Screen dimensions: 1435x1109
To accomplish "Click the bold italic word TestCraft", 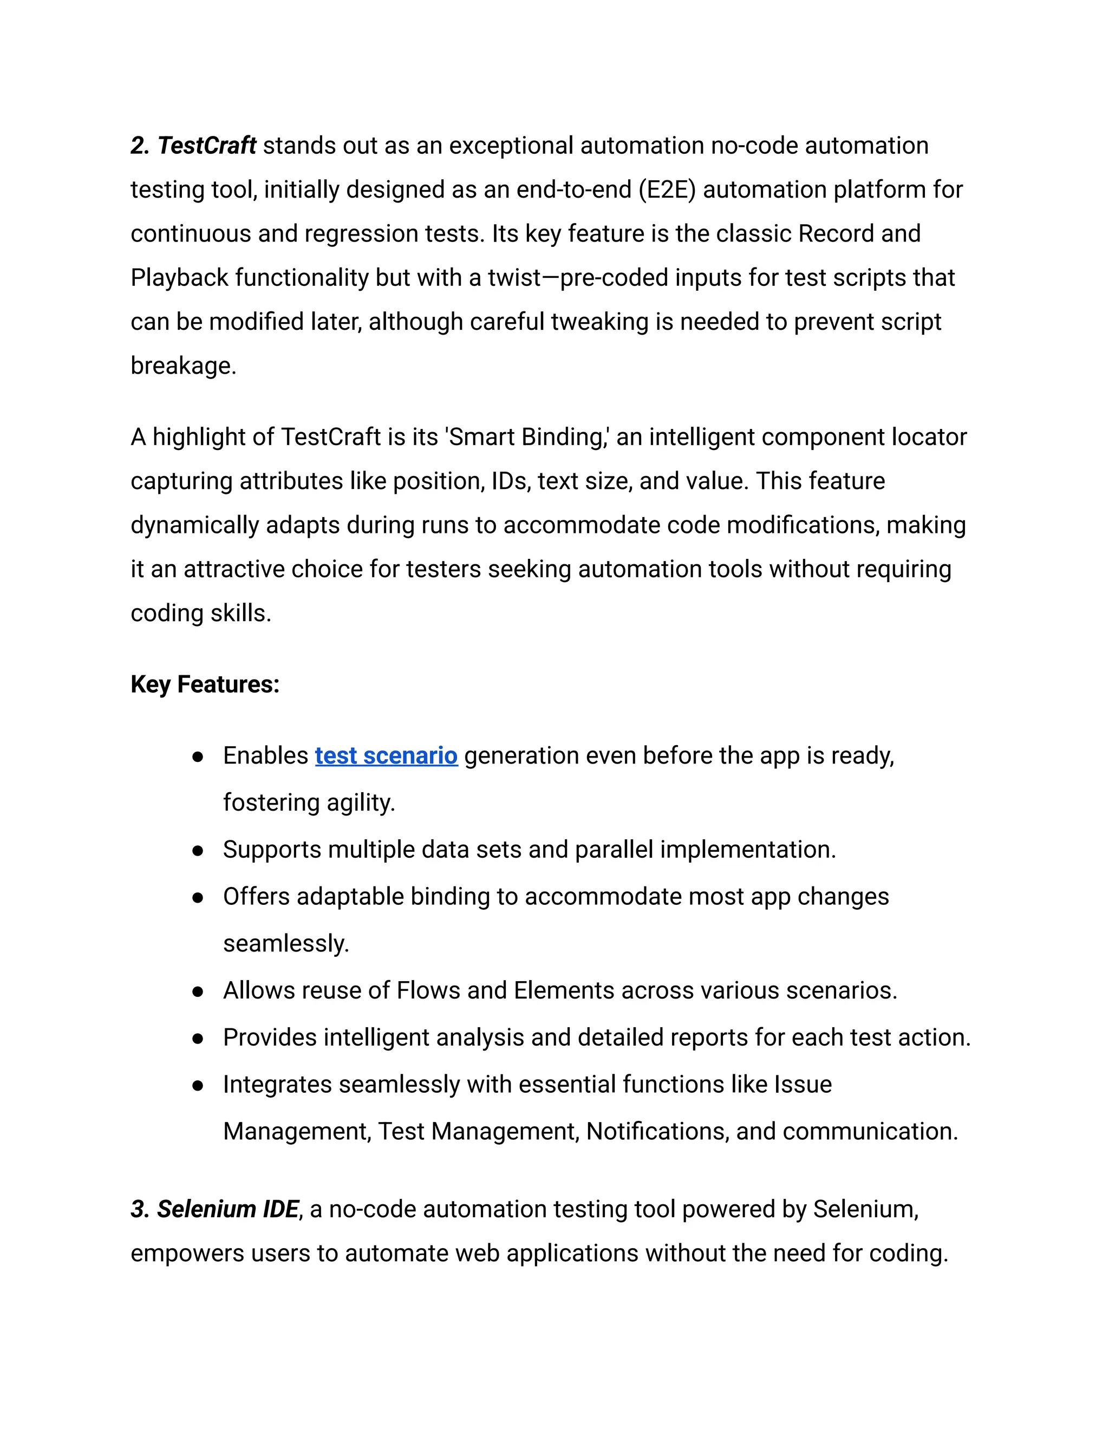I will (206, 146).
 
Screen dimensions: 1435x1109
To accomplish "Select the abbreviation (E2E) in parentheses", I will (667, 190).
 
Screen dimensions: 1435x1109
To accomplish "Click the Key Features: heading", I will (205, 684).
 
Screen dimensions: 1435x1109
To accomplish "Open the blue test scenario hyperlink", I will (386, 755).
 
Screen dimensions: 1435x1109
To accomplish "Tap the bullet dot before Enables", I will (197, 757).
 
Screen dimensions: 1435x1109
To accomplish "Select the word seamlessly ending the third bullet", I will (285, 943).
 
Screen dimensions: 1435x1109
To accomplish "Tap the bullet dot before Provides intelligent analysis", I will (197, 1039).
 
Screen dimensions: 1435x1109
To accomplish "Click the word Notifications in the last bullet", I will (657, 1131).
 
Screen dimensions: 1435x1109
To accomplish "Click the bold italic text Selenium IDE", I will (227, 1209).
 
